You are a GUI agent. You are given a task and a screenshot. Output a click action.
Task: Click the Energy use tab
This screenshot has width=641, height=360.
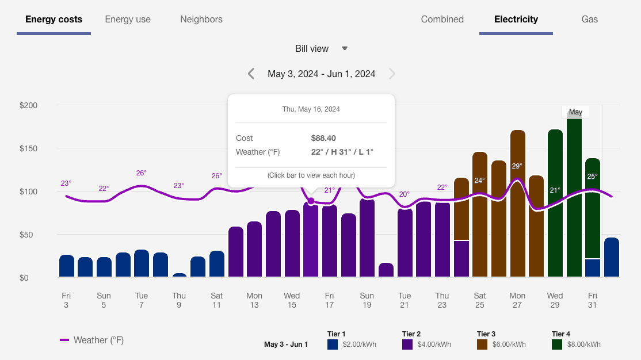pyautogui.click(x=128, y=20)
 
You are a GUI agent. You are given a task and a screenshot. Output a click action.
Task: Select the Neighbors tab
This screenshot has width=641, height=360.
pyautogui.click(x=201, y=20)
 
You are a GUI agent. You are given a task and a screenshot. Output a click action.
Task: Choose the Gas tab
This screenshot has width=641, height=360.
pyautogui.click(x=589, y=20)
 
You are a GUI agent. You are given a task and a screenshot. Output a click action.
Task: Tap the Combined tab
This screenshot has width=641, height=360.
pyautogui.click(x=442, y=20)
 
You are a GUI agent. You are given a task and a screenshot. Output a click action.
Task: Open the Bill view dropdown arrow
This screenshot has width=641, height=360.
pyautogui.click(x=345, y=48)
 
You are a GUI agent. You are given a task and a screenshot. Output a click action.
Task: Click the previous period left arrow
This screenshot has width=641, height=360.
pyautogui.click(x=251, y=74)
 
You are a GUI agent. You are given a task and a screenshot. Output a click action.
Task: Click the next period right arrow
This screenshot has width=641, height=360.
pyautogui.click(x=392, y=74)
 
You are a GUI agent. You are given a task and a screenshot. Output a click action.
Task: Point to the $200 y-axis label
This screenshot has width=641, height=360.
pyautogui.click(x=28, y=105)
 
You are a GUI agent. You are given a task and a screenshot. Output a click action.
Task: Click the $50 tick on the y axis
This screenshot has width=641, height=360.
pyautogui.click(x=28, y=235)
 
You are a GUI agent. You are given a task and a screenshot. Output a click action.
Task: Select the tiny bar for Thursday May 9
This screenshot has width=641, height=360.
pyautogui.click(x=180, y=275)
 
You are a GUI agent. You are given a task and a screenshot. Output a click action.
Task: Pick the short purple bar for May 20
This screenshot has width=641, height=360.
pyautogui.click(x=386, y=270)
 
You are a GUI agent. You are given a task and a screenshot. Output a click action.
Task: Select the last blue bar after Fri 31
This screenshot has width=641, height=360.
pyautogui.click(x=612, y=258)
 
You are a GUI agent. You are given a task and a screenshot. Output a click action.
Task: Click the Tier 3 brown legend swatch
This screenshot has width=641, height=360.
pyautogui.click(x=482, y=344)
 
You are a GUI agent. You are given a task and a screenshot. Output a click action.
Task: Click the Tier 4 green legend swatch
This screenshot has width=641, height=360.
pyautogui.click(x=557, y=344)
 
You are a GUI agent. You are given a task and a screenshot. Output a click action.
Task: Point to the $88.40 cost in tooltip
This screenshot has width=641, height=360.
pyautogui.click(x=323, y=138)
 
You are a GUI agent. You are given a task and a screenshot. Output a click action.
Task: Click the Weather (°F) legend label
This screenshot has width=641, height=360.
pyautogui.click(x=98, y=340)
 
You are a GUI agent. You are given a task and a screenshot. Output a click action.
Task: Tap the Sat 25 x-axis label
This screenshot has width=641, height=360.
pyautogui.click(x=479, y=300)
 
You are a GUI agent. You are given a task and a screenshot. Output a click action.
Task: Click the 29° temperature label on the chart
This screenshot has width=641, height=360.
pyautogui.click(x=517, y=166)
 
